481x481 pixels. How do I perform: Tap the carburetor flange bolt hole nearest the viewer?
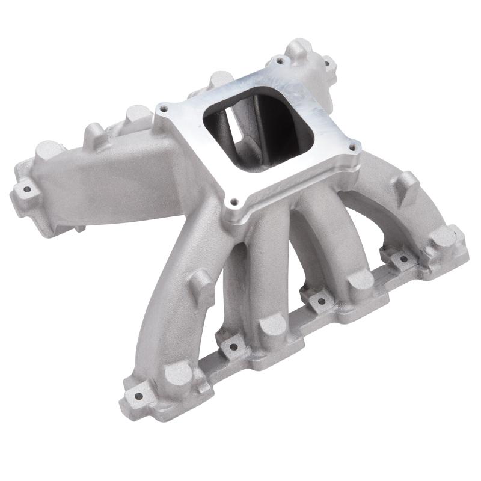[234, 203]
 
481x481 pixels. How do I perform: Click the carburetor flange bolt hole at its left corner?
[162, 110]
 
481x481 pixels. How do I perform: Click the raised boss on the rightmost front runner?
[408, 180]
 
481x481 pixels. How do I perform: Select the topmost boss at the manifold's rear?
[299, 48]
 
